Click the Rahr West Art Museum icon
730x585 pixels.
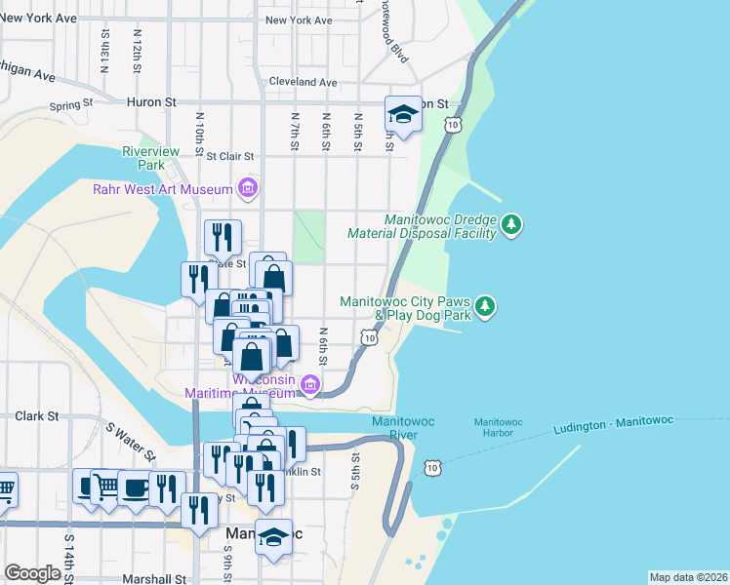pyautogui.click(x=248, y=189)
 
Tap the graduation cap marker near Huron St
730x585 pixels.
pyautogui.click(x=402, y=115)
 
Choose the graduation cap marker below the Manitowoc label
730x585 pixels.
pyautogui.click(x=274, y=537)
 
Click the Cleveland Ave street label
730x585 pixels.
pyautogui.click(x=303, y=82)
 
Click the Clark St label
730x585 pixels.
pyautogui.click(x=38, y=415)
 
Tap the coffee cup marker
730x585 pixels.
pyautogui.click(x=134, y=487)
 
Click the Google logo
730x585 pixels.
pyautogui.click(x=32, y=573)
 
